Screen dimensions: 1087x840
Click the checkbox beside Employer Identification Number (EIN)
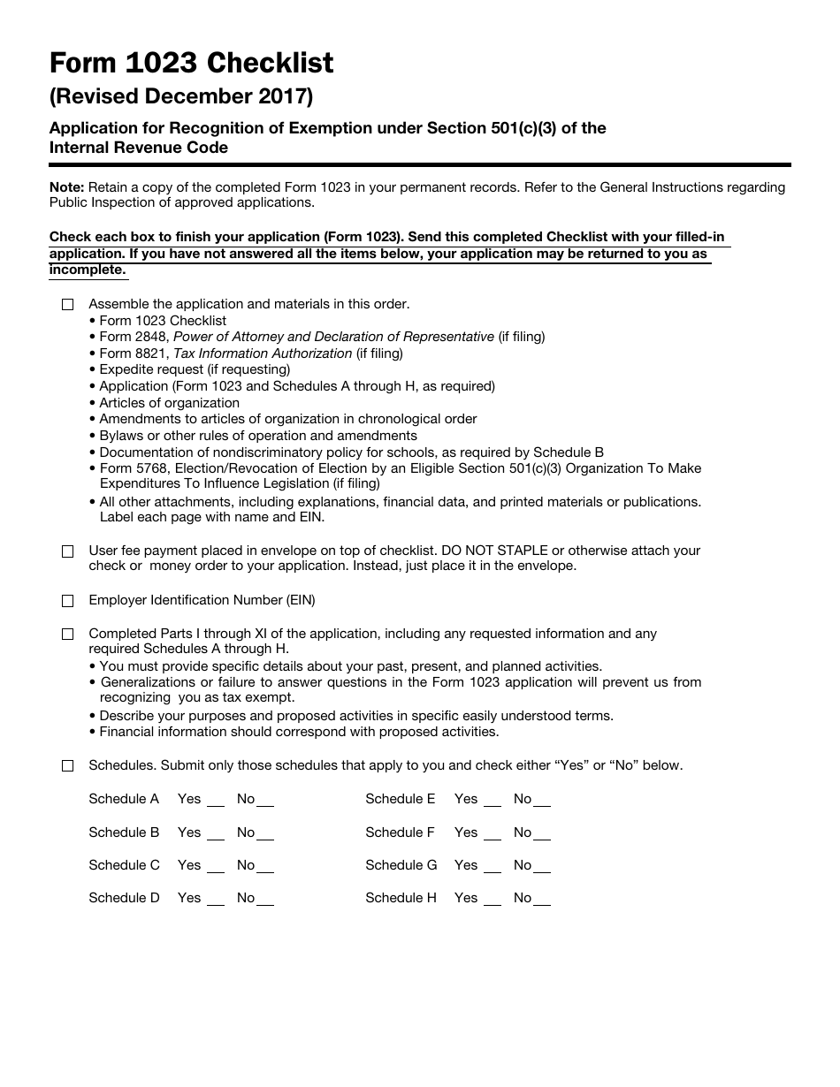click(68, 601)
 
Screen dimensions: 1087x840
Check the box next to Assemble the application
click(68, 305)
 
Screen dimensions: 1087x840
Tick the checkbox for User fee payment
click(68, 551)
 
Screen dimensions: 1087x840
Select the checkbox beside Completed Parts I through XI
click(68, 635)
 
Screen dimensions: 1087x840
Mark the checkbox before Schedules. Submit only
click(68, 766)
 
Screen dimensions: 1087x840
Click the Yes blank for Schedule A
click(216, 801)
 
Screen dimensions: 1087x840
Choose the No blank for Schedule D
click(264, 900)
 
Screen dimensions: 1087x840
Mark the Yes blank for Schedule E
click(493, 801)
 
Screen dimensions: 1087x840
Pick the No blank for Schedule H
click(541, 900)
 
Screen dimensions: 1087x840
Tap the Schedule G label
click(401, 865)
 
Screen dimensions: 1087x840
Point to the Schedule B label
click(124, 832)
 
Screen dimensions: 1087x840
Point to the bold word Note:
click(67, 187)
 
